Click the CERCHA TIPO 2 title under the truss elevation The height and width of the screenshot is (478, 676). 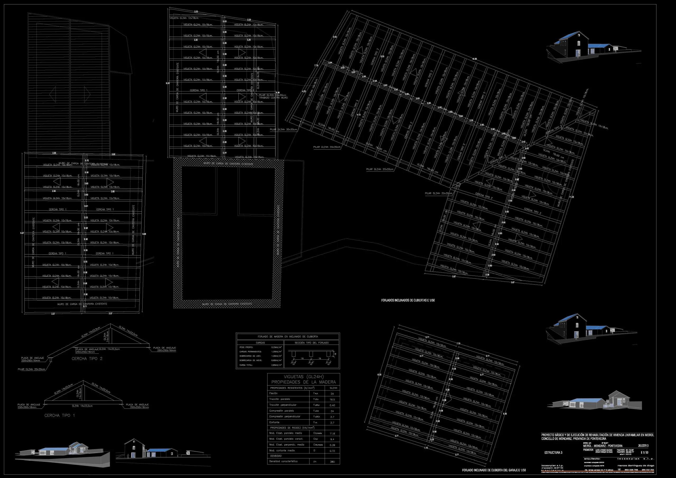[87, 359]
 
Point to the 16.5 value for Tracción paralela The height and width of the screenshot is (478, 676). [332, 400]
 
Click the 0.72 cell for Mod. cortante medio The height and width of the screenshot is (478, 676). [332, 451]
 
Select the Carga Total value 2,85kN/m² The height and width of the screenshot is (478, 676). [276, 365]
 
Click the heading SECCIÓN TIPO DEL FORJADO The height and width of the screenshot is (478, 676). [312, 343]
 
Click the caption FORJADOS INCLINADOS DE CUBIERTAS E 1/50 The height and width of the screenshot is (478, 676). [408, 301]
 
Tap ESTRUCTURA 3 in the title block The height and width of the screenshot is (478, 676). [553, 453]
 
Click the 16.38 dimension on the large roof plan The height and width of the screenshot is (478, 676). [474, 59]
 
